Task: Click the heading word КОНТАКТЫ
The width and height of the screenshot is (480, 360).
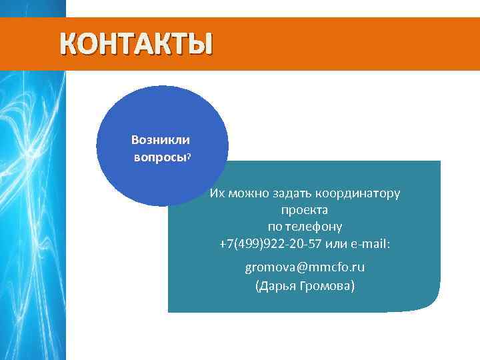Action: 136,43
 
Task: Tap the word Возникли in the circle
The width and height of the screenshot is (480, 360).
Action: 160,140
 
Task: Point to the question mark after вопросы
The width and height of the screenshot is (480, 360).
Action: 189,157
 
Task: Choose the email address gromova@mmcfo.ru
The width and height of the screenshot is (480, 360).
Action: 304,267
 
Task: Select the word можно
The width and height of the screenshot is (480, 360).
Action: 247,193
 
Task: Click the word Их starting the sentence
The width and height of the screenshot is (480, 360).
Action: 217,193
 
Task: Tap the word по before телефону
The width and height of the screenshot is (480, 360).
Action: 275,227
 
